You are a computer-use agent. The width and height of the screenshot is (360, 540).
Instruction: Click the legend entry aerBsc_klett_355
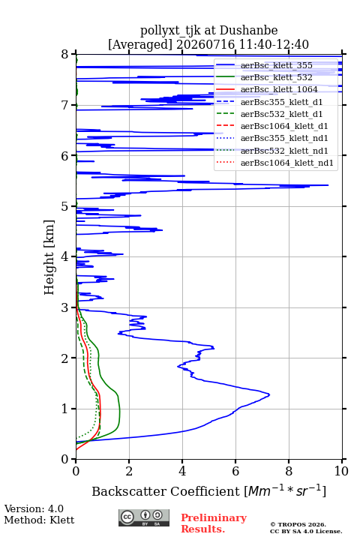point(276,65)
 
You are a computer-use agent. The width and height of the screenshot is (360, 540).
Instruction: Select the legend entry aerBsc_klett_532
point(276,77)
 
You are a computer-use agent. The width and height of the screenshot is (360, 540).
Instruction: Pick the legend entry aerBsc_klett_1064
point(279,89)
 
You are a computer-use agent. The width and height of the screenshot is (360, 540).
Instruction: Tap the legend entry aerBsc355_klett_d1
point(281,102)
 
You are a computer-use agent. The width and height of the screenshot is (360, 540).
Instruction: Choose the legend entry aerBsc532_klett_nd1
point(284,151)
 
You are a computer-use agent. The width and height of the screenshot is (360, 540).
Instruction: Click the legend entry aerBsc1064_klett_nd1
point(287,163)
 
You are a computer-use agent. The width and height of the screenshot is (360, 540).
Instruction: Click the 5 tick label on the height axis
point(65,207)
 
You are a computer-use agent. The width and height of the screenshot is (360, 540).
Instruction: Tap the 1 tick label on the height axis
point(65,409)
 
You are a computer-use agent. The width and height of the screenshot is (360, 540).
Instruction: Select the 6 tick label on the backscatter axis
point(235,471)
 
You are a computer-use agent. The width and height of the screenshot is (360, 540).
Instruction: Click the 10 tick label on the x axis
point(341,471)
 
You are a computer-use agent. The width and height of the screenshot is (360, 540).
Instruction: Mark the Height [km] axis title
point(49,257)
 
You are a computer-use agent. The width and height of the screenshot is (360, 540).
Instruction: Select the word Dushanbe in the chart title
point(248,31)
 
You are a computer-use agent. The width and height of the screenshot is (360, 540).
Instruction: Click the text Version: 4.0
point(34,508)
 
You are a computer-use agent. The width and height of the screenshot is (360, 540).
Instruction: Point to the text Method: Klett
point(39,520)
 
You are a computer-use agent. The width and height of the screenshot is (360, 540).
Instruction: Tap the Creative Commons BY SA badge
point(144,517)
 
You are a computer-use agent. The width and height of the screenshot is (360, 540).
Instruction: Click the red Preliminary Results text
point(214,523)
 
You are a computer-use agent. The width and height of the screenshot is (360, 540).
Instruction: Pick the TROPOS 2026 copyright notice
point(298,524)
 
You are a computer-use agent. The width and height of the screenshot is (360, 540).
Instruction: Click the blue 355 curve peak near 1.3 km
point(269,394)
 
